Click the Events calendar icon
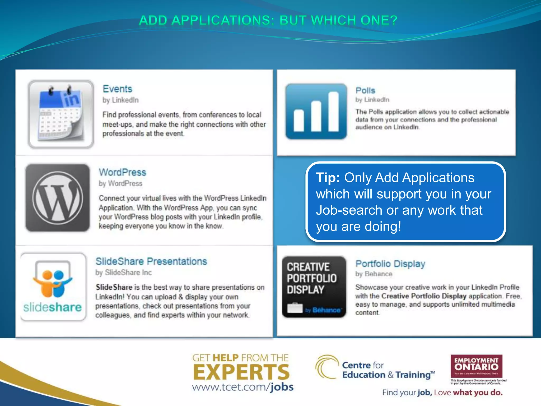point(61,114)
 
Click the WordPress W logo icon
point(58,198)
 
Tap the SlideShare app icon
point(53,287)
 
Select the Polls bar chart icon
point(316,111)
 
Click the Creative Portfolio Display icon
point(314,287)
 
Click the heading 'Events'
point(117,89)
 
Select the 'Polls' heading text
point(365,90)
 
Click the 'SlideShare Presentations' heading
point(151,261)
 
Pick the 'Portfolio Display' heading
point(390,264)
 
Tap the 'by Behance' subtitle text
point(374,274)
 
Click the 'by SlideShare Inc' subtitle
point(123,273)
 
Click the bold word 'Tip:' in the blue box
point(328,178)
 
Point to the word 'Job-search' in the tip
point(349,210)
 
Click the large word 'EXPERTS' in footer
point(241,372)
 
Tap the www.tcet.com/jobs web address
point(242,387)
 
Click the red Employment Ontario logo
point(476,366)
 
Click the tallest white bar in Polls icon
point(333,112)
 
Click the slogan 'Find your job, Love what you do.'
point(442,393)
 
